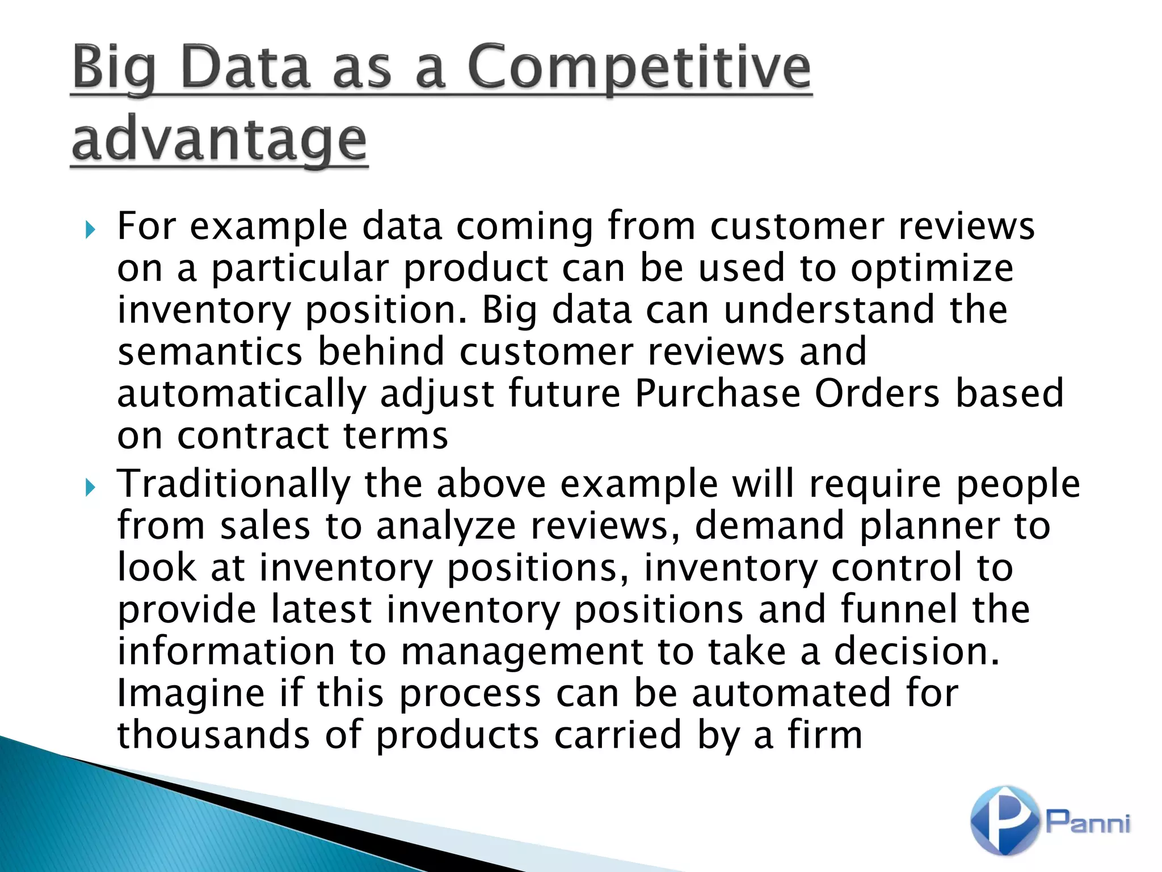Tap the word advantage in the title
click(x=219, y=139)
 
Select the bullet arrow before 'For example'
click(x=90, y=230)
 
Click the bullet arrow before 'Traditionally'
click(x=90, y=487)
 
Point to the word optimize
click(x=932, y=268)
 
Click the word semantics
click(x=210, y=351)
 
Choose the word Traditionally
click(x=233, y=484)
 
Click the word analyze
click(x=446, y=526)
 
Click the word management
click(x=522, y=652)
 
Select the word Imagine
click(x=191, y=694)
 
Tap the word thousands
click(x=213, y=735)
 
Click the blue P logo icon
click(x=1004, y=820)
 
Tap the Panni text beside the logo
click(x=1088, y=822)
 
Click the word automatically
click(x=242, y=394)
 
